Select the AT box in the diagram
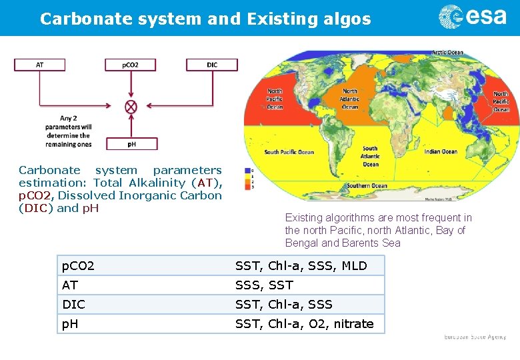click(x=39, y=65)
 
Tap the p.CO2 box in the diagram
click(x=131, y=65)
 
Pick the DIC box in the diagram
click(x=211, y=65)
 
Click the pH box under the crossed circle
click(x=131, y=143)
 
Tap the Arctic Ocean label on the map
click(x=447, y=53)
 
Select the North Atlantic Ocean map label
click(x=349, y=99)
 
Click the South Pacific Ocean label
click(x=289, y=152)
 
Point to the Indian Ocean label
click(x=441, y=151)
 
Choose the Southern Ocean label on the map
click(x=367, y=185)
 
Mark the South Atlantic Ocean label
click(x=370, y=157)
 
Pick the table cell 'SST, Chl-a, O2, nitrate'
click(x=305, y=324)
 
